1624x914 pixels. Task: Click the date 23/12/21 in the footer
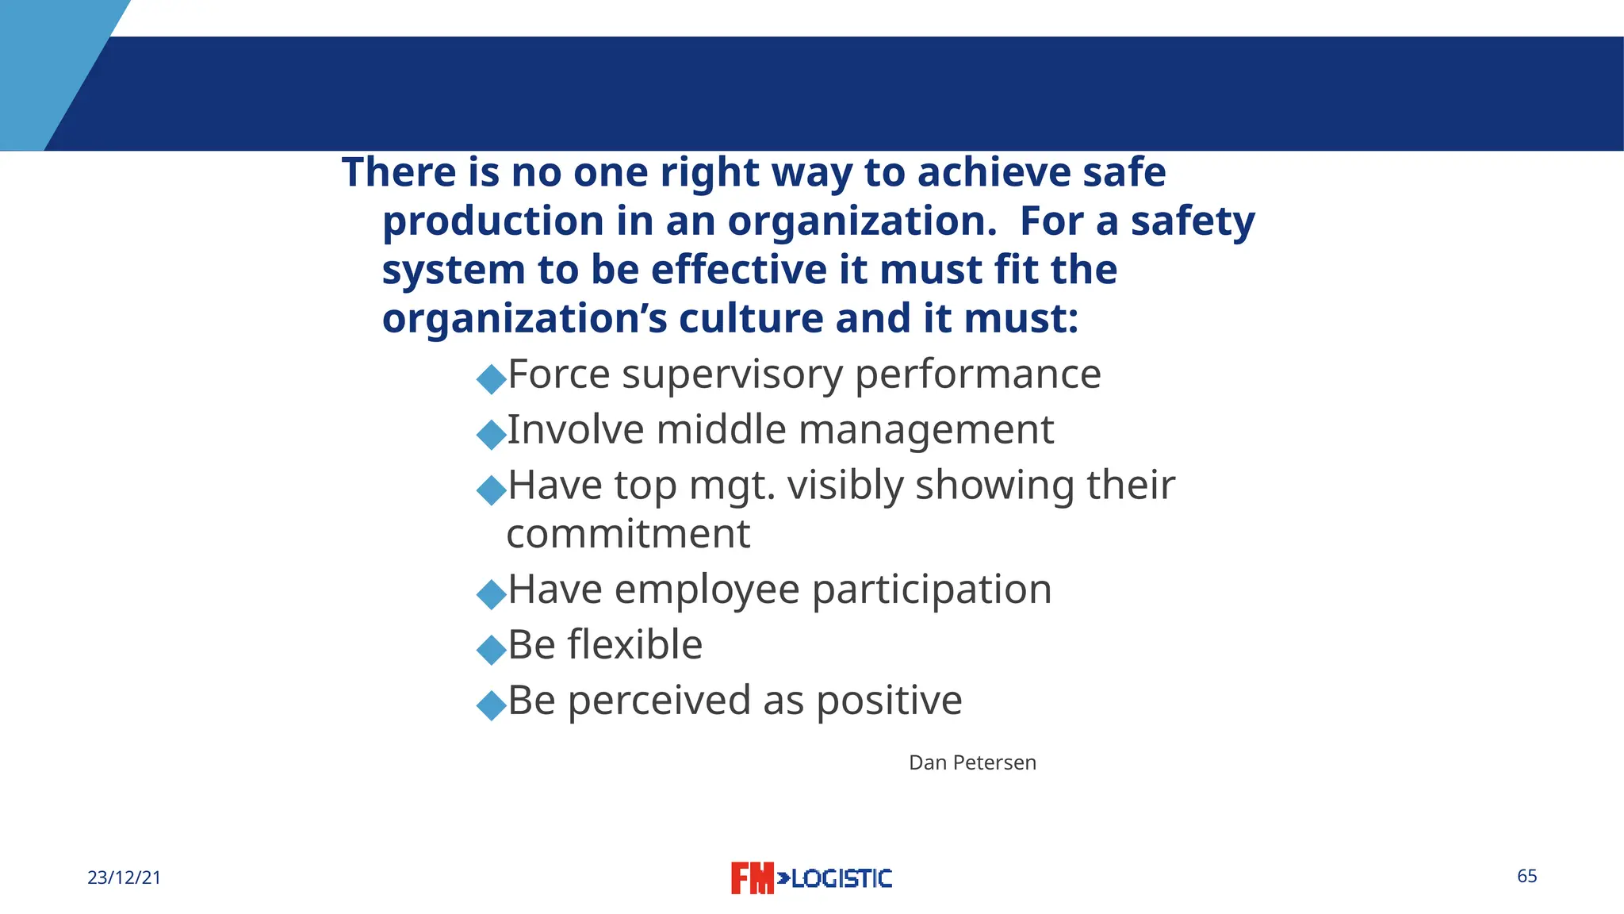124,878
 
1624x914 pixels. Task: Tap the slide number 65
1526,876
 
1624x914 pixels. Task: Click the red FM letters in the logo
752,878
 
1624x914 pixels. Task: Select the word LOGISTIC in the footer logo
841,878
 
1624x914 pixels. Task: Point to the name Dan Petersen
972,762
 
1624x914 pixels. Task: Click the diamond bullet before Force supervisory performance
492,378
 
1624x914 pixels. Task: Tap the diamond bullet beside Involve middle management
492,434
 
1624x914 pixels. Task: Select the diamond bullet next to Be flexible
492,649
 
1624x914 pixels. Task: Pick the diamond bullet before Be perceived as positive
492,705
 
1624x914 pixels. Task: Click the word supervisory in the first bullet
732,374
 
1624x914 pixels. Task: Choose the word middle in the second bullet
721,430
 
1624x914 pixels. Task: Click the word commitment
628,534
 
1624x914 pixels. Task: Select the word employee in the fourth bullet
707,589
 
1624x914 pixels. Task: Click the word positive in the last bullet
889,701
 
